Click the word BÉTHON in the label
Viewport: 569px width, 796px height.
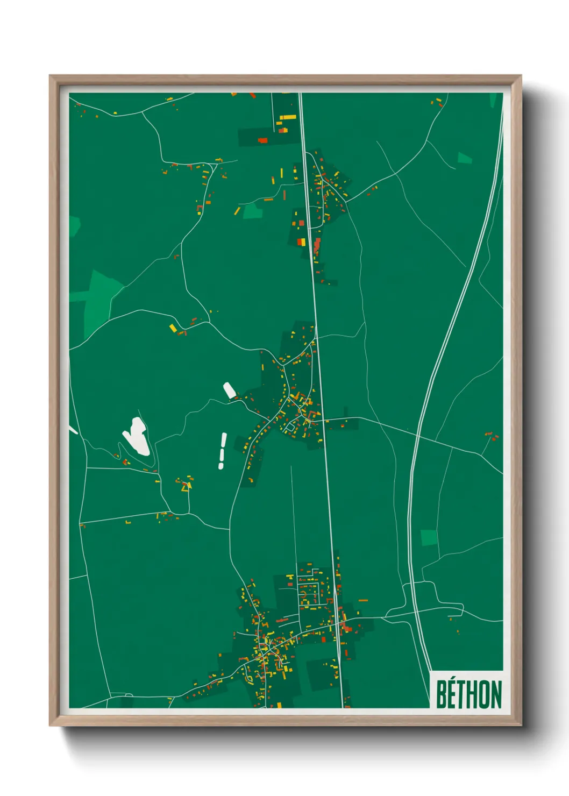[468, 694]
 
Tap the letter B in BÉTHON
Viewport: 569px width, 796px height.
[442, 695]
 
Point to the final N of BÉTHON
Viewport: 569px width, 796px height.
[496, 695]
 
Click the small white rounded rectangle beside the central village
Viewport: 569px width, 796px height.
[230, 390]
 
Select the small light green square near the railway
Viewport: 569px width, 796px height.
[429, 537]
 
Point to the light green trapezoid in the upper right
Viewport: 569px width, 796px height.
[464, 158]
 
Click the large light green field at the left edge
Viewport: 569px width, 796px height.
[99, 298]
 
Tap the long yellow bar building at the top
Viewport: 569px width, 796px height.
[287, 117]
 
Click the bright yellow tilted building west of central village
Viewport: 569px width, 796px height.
[173, 328]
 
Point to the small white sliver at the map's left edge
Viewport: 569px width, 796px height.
[73, 430]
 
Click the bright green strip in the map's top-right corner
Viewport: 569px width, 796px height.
[493, 100]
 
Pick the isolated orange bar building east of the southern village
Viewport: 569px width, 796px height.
[363, 600]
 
